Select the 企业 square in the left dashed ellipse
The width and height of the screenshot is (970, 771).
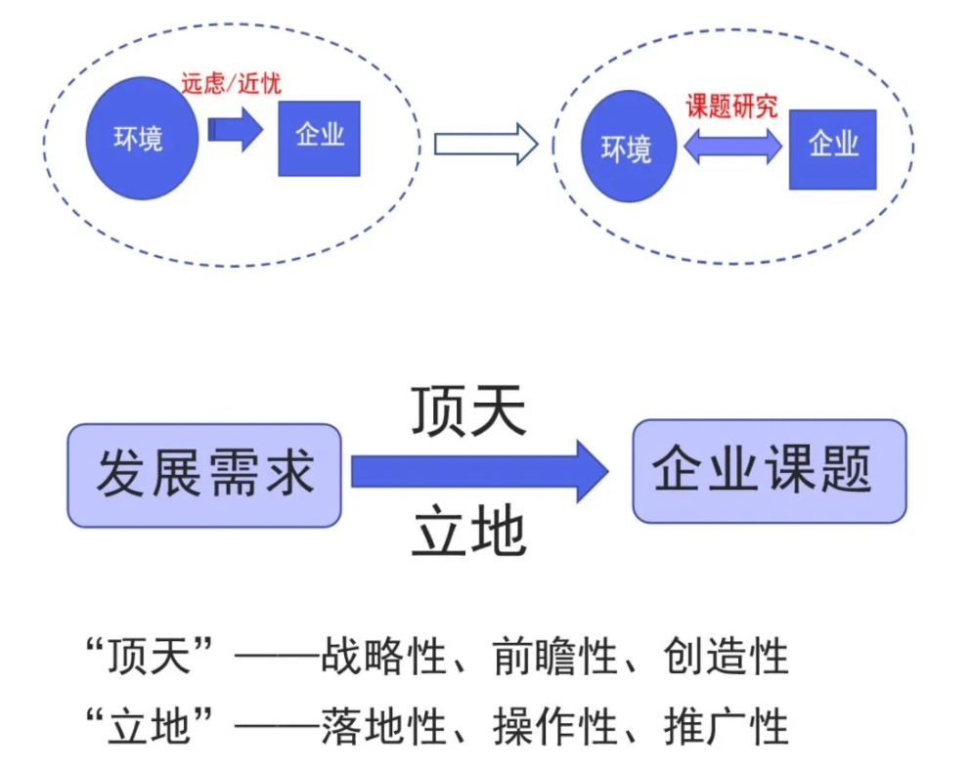(319, 138)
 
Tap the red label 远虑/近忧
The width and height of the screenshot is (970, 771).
(231, 84)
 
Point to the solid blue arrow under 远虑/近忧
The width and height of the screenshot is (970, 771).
(236, 131)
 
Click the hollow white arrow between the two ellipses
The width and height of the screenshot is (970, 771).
(485, 145)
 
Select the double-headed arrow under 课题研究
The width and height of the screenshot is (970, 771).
(733, 147)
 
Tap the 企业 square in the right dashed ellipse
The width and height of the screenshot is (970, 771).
(832, 149)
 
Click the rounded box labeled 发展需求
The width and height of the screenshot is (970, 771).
(204, 475)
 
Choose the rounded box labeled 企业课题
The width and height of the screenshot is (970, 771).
(769, 471)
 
